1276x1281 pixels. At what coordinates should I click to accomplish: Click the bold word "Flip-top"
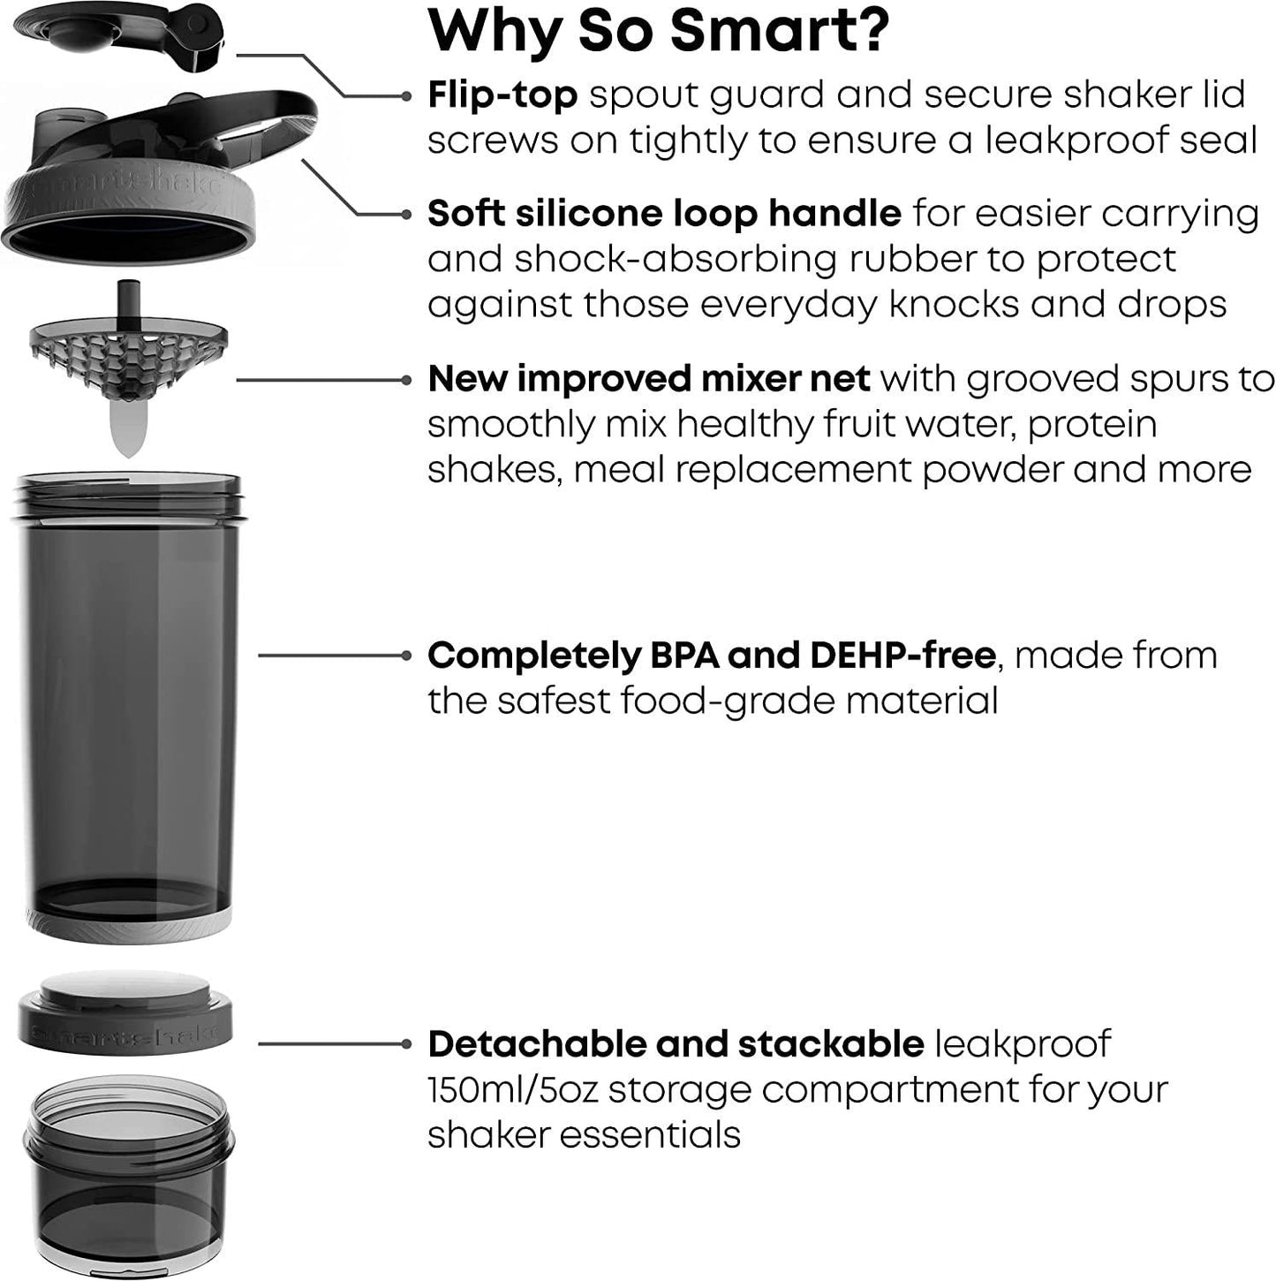point(502,95)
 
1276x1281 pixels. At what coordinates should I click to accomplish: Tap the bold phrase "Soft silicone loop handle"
point(664,213)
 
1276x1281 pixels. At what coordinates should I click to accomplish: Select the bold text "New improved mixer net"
point(648,378)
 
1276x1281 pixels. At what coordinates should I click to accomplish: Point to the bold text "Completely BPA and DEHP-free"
point(711,655)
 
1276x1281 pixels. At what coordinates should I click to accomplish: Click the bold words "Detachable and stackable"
point(676,1043)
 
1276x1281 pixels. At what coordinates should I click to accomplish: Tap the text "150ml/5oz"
point(512,1089)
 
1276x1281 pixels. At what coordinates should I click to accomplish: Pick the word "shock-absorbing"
point(676,259)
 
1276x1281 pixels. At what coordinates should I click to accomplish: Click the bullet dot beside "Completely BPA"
point(406,655)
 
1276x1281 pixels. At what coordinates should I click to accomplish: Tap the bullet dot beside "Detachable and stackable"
point(406,1043)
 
